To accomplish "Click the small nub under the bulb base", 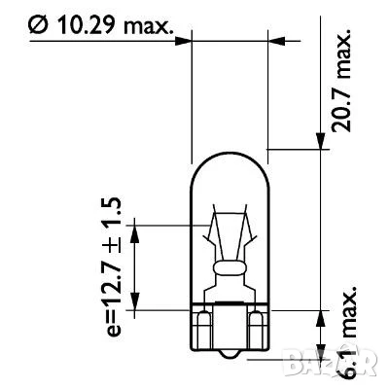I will coord(230,343).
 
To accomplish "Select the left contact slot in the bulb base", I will coord(206,321).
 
